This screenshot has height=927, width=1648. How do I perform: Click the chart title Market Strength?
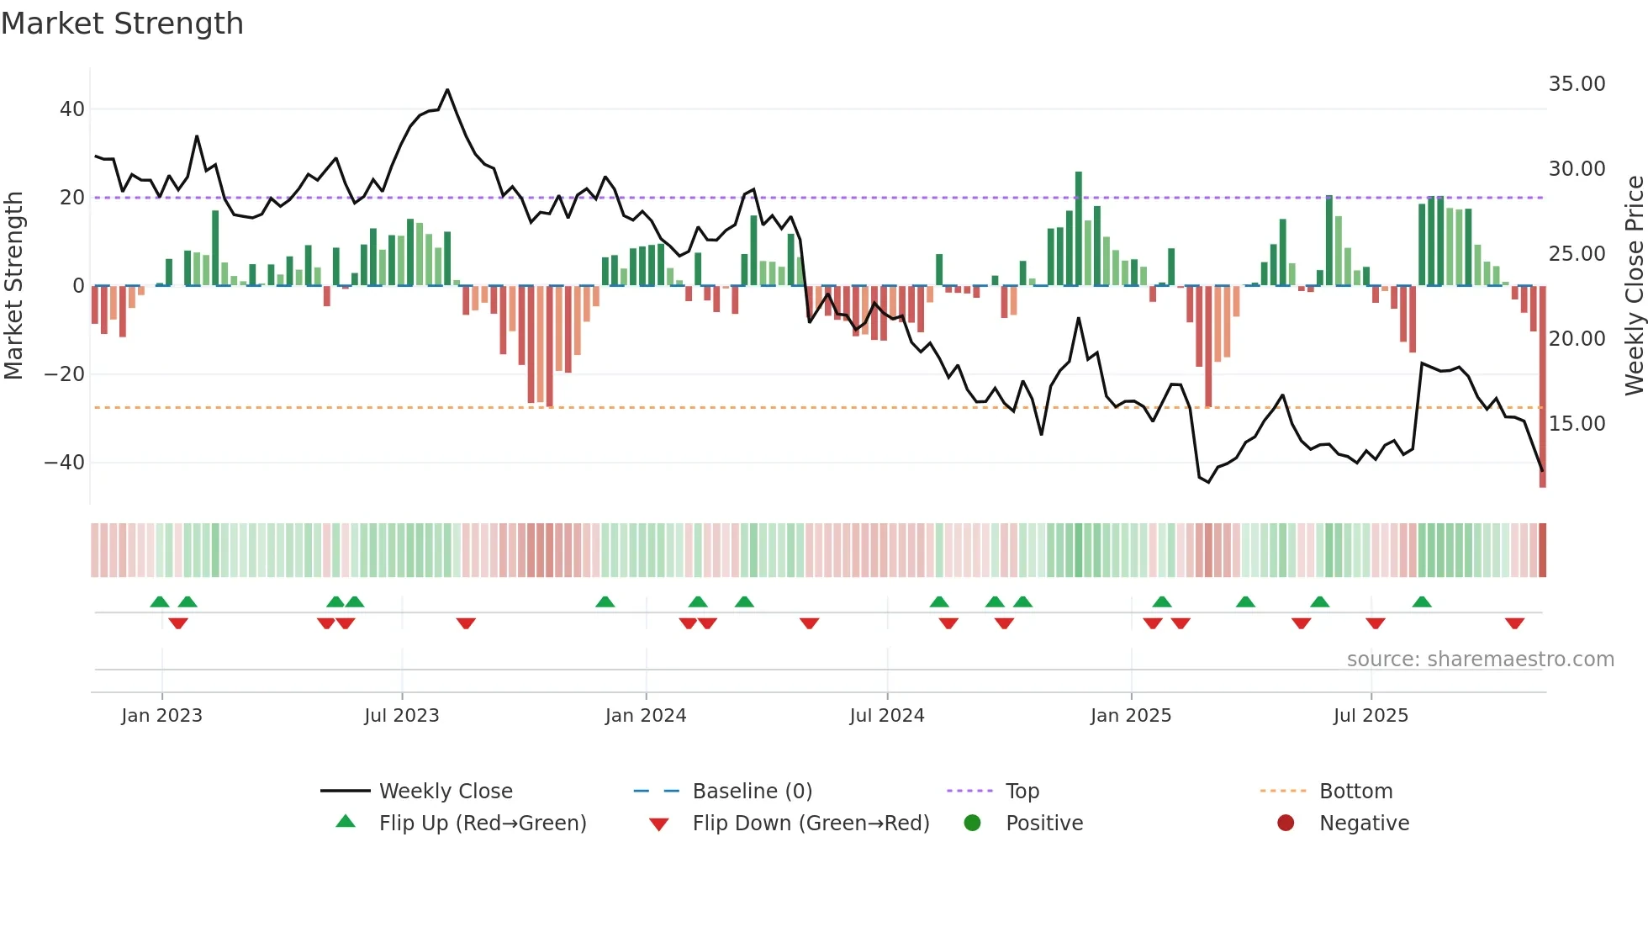(123, 24)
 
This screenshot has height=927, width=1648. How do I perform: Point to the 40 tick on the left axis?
(71, 109)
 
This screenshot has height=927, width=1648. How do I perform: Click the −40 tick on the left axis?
(65, 463)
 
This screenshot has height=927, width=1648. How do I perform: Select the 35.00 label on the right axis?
(1577, 84)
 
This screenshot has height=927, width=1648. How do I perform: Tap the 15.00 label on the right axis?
(1577, 424)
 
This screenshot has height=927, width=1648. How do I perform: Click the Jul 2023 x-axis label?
(401, 716)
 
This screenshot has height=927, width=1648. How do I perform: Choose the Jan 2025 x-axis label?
(1130, 716)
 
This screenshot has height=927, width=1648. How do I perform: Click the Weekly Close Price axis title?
(1634, 286)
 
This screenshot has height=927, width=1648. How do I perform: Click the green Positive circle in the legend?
(973, 824)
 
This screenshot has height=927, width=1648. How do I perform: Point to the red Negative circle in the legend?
(1286, 824)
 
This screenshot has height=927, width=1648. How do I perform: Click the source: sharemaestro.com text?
(1480, 659)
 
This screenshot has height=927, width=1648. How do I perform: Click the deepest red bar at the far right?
(1542, 387)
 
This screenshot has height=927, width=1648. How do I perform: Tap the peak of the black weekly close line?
(447, 90)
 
